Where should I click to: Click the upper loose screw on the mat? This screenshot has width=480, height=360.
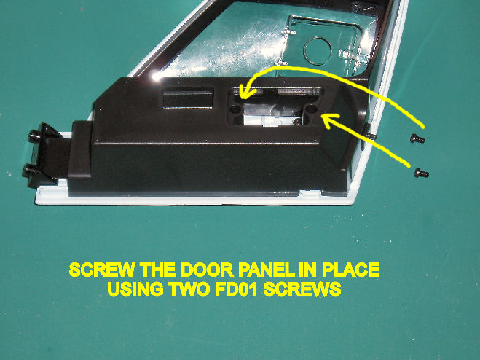click(x=417, y=138)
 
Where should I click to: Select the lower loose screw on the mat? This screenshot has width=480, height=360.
click(x=422, y=173)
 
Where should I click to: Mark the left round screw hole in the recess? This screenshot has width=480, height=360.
click(x=235, y=109)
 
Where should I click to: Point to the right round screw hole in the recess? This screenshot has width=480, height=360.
click(x=311, y=108)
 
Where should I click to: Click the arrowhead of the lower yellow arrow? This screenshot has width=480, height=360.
click(x=328, y=121)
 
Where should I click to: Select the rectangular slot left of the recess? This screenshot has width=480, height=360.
click(x=188, y=97)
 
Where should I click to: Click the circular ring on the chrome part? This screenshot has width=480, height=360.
click(x=318, y=51)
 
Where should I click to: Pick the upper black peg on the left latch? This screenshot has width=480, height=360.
click(x=34, y=136)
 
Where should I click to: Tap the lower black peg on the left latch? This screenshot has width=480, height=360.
click(x=30, y=171)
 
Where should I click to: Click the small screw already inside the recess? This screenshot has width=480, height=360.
click(x=296, y=122)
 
